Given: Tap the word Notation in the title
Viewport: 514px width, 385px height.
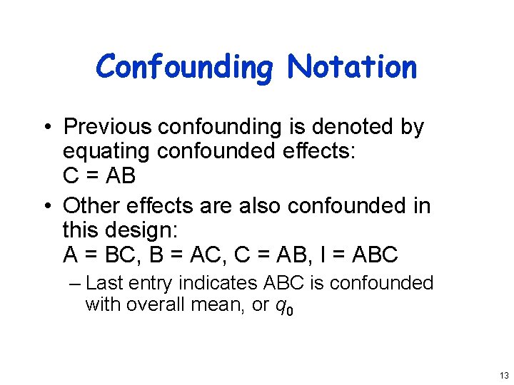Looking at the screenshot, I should coord(352,67).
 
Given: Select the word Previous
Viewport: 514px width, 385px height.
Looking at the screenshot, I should coord(108,127).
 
